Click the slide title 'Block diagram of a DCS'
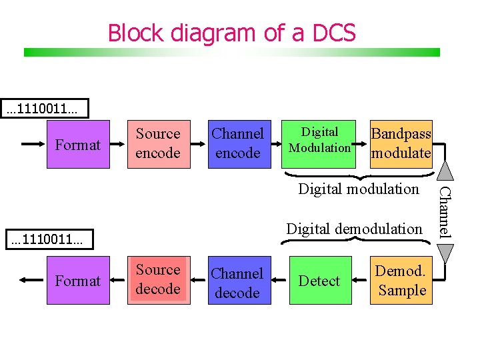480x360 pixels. click(231, 32)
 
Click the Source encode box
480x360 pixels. click(157, 144)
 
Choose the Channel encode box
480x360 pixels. click(237, 144)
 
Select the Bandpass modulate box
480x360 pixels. click(401, 144)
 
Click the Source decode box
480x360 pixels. click(157, 280)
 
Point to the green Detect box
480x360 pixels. click(320, 280)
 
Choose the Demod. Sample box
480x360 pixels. click(401, 280)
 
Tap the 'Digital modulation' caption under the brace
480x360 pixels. click(359, 189)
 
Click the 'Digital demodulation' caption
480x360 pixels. click(354, 229)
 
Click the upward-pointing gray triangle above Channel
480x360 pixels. click(447, 170)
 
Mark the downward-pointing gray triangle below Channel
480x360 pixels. click(447, 254)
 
